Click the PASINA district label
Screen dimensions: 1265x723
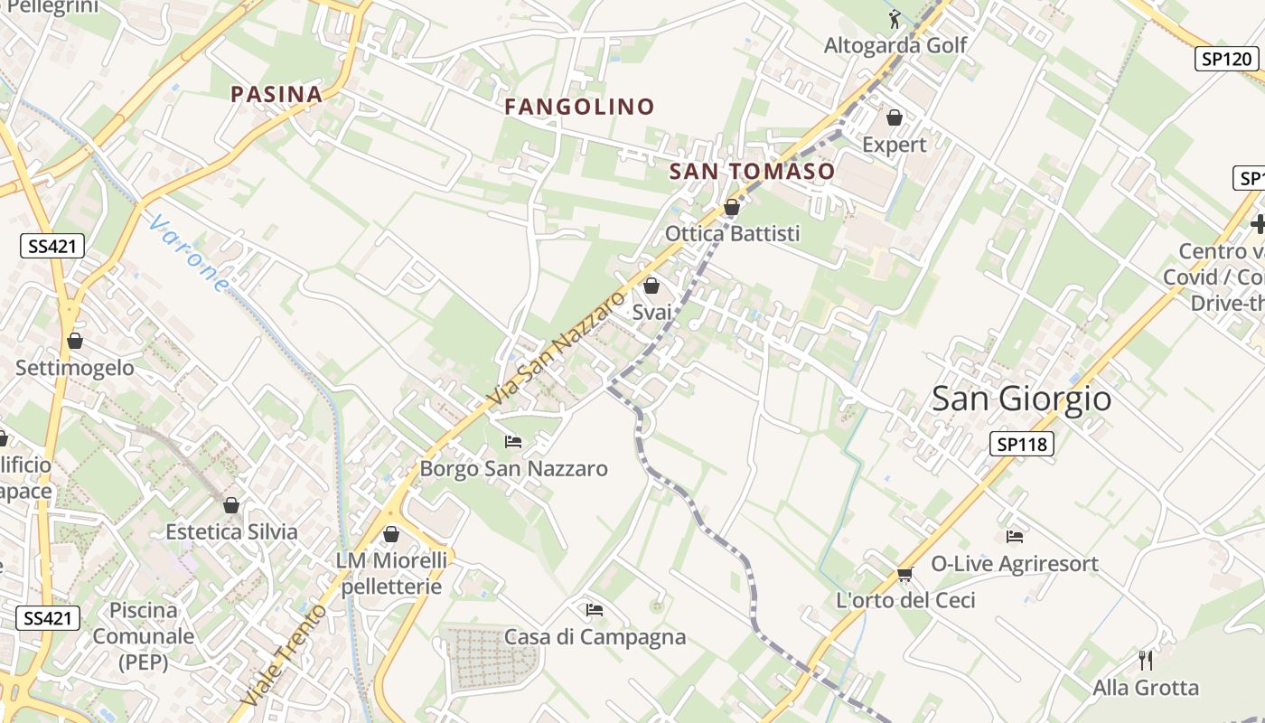click(276, 94)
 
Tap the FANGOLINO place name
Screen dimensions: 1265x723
click(579, 107)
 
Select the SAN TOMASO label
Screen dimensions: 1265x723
click(752, 172)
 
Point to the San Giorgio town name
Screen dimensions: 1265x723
click(1021, 399)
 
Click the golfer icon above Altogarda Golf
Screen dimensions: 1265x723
click(895, 17)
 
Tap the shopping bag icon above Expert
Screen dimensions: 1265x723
click(895, 117)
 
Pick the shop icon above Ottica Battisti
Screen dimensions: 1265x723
click(732, 208)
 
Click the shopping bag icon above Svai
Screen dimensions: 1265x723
click(651, 286)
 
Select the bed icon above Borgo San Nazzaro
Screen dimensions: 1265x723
click(513, 442)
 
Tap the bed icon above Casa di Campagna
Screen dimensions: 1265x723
click(595, 610)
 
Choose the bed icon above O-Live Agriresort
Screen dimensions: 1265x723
click(1015, 537)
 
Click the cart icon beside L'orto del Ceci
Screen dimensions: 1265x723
click(904, 574)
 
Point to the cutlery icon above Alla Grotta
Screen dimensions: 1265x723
click(1146, 660)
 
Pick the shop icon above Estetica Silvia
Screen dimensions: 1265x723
click(231, 505)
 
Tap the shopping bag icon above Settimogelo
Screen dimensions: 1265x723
click(75, 341)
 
